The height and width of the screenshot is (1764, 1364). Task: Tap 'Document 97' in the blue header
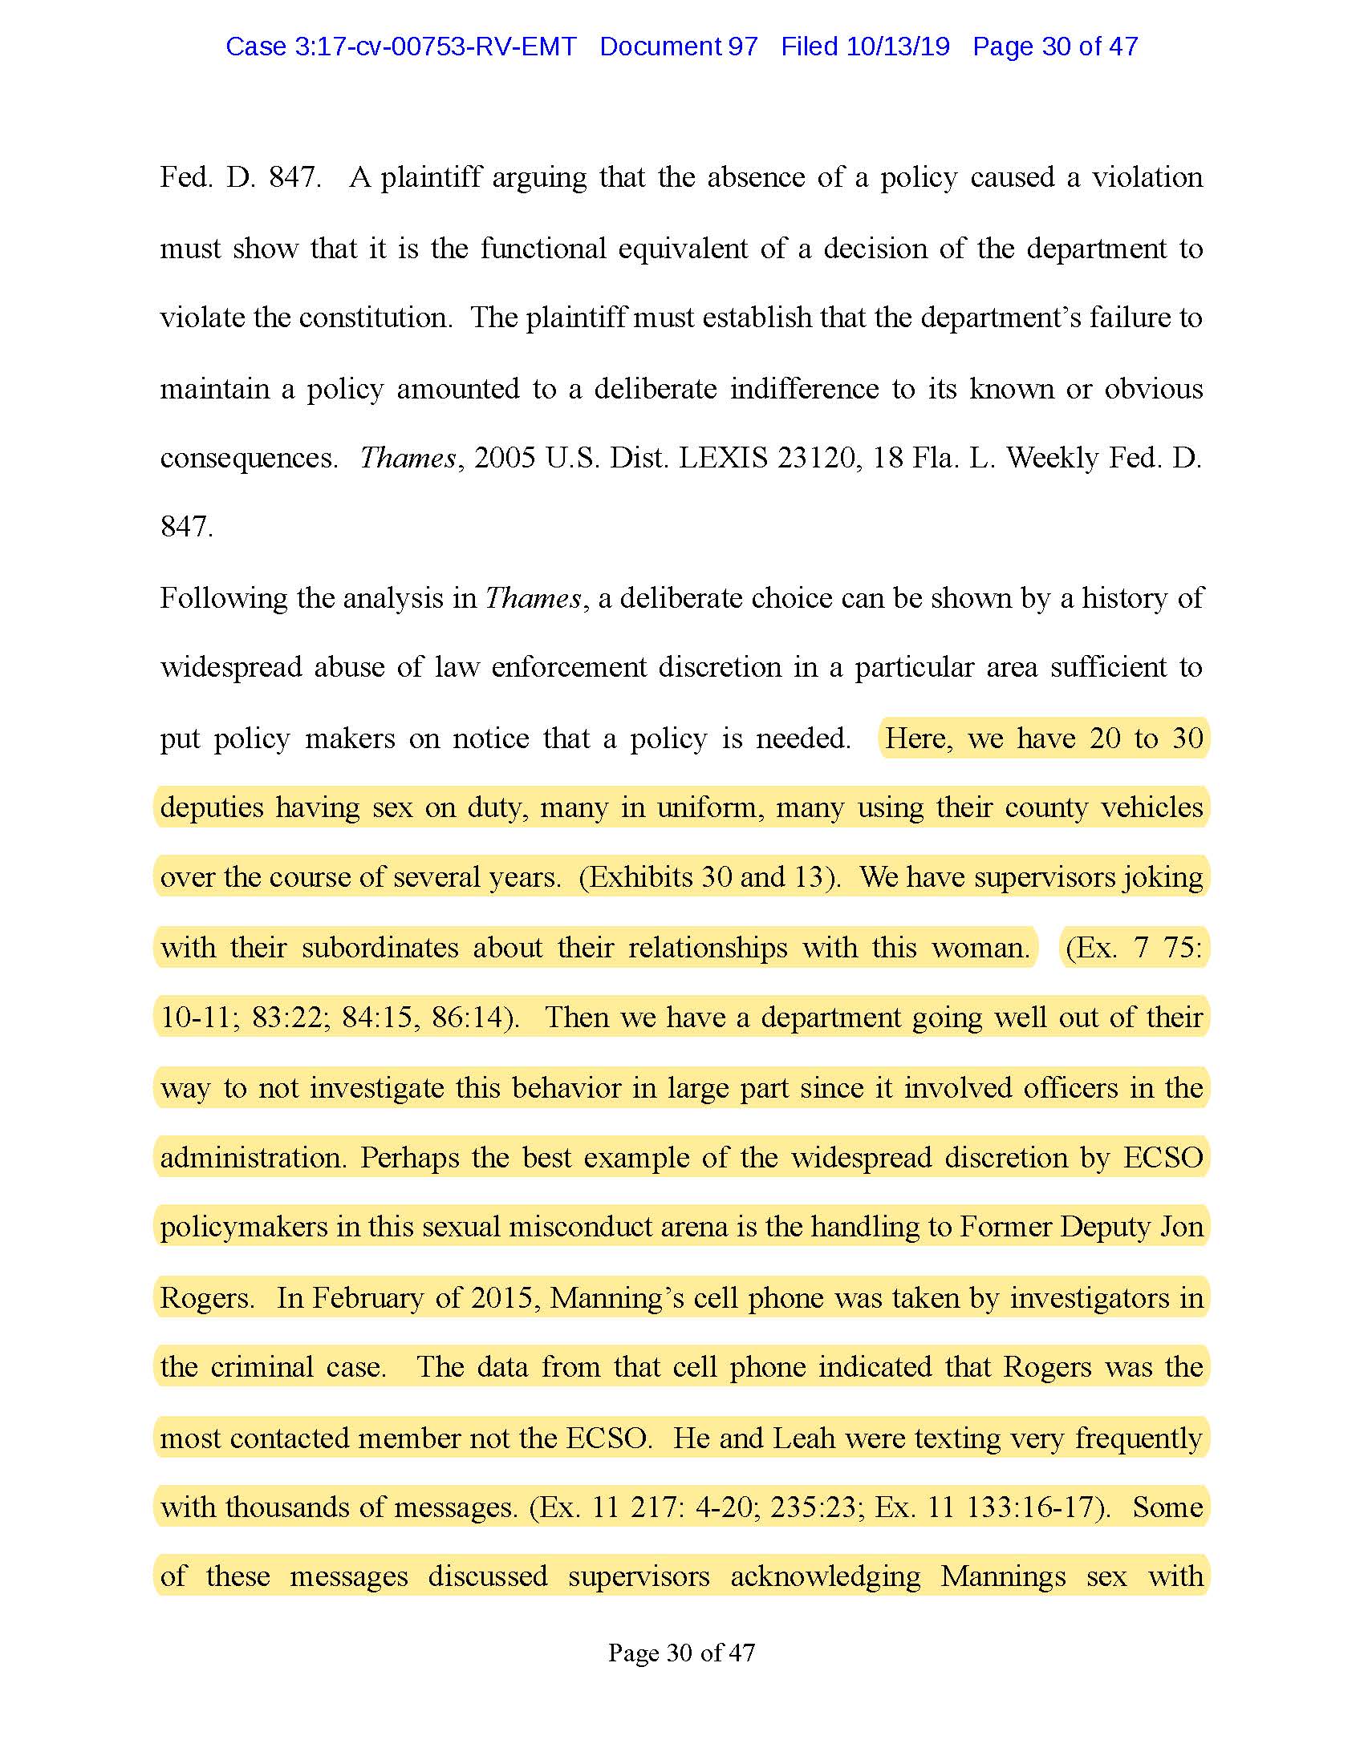tap(678, 47)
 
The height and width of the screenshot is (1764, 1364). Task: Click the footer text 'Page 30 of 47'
tap(681, 1653)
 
